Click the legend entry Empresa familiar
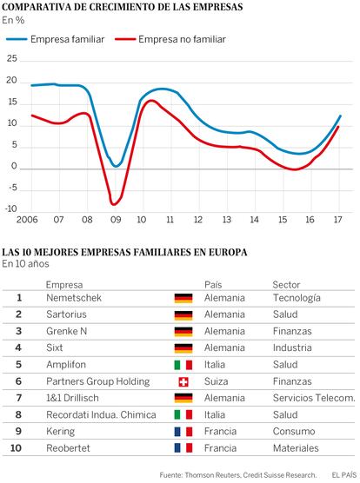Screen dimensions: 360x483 56,39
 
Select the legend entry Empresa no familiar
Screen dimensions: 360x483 170,39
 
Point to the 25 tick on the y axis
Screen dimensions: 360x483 12,58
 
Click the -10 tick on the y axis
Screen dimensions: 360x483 11,208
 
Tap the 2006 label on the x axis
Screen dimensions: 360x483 27,220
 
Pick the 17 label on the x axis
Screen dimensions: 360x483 338,220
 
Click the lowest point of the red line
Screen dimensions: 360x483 113,204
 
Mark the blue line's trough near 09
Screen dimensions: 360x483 116,166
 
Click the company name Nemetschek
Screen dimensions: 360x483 74,298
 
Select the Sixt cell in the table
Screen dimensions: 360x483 55,347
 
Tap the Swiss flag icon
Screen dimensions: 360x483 183,382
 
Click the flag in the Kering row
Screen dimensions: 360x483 183,432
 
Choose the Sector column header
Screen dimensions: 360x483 286,285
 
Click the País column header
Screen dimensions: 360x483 213,285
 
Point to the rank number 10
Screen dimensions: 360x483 16,448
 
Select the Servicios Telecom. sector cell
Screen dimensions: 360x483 314,398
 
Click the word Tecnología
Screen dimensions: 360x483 297,298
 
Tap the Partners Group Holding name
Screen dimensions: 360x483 98,381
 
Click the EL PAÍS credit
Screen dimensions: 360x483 344,475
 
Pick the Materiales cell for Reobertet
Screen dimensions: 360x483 296,448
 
